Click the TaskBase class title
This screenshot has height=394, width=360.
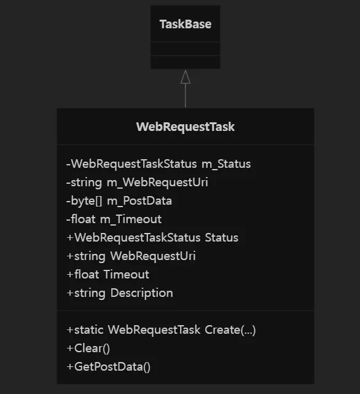tap(186, 24)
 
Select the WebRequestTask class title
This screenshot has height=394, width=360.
tap(186, 127)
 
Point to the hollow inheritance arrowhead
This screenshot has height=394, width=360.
tap(186, 77)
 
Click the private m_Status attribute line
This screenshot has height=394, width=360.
tap(158, 164)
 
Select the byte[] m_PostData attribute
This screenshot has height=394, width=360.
tap(119, 201)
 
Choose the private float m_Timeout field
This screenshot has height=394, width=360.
tap(114, 219)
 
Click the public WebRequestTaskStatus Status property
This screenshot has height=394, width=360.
tap(152, 238)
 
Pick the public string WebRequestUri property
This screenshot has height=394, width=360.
tap(131, 256)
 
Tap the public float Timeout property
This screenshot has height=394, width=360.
tap(108, 274)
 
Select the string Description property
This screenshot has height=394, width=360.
tap(120, 293)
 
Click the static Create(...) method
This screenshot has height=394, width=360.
tap(162, 330)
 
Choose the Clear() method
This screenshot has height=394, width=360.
tap(88, 349)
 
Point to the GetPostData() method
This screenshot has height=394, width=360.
tap(109, 367)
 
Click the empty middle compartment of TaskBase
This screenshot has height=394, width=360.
tap(186, 48)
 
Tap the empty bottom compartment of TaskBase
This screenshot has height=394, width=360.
tap(186, 62)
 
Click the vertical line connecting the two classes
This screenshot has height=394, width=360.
tap(186, 95)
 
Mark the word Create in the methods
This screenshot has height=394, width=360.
tap(222, 330)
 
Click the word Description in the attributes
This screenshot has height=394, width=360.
tap(142, 293)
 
